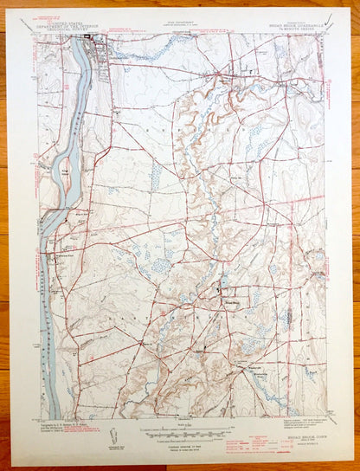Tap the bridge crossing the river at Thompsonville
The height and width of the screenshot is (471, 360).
click(x=80, y=43)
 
